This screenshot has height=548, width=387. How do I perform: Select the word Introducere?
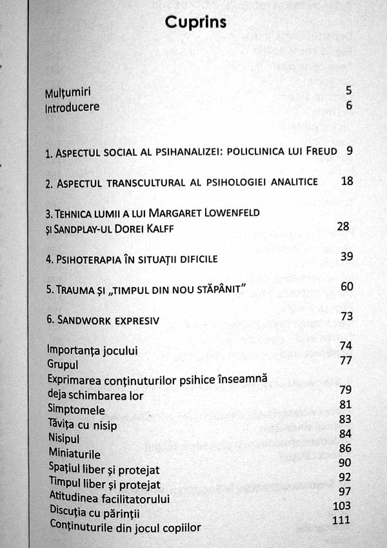point(72,107)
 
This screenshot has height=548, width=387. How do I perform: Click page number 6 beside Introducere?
point(349,106)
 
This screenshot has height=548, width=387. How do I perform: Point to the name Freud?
point(324,153)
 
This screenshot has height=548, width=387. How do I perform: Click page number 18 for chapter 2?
point(347,181)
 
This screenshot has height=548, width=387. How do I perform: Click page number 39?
point(346,257)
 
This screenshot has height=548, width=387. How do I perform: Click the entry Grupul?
point(63,364)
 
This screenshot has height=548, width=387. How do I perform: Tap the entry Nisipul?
point(64,439)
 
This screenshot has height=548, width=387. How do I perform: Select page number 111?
point(342,520)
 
